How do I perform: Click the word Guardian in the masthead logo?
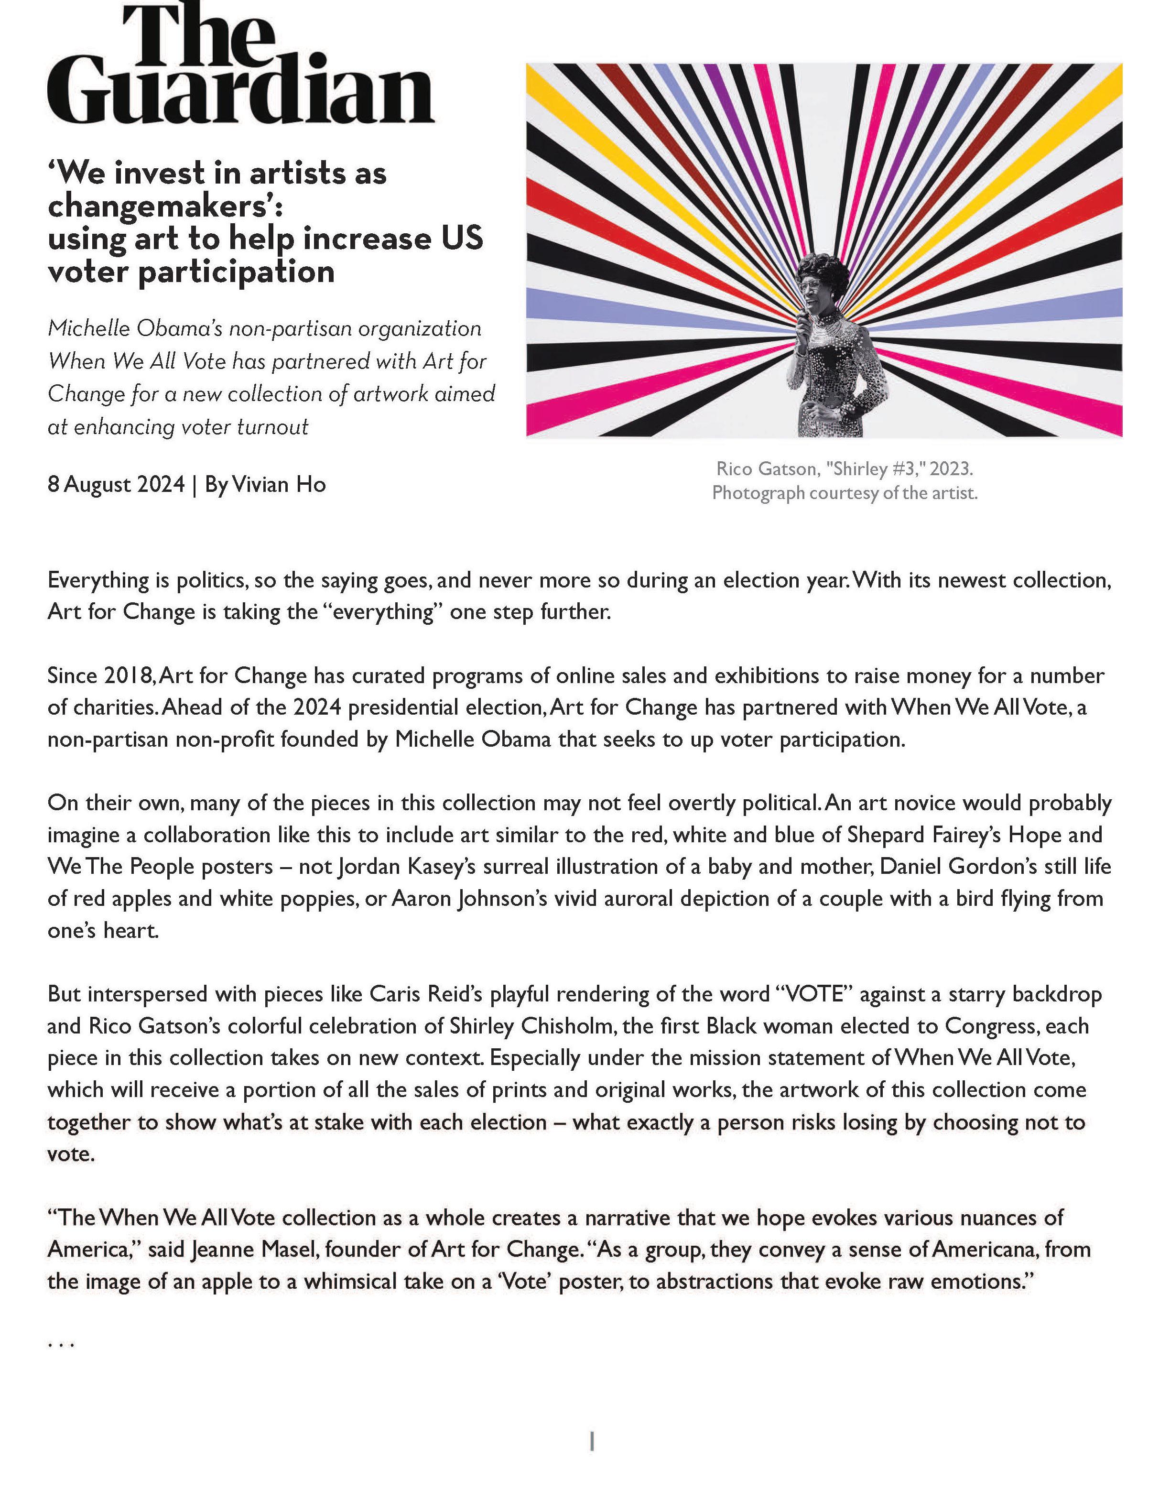(240, 95)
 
